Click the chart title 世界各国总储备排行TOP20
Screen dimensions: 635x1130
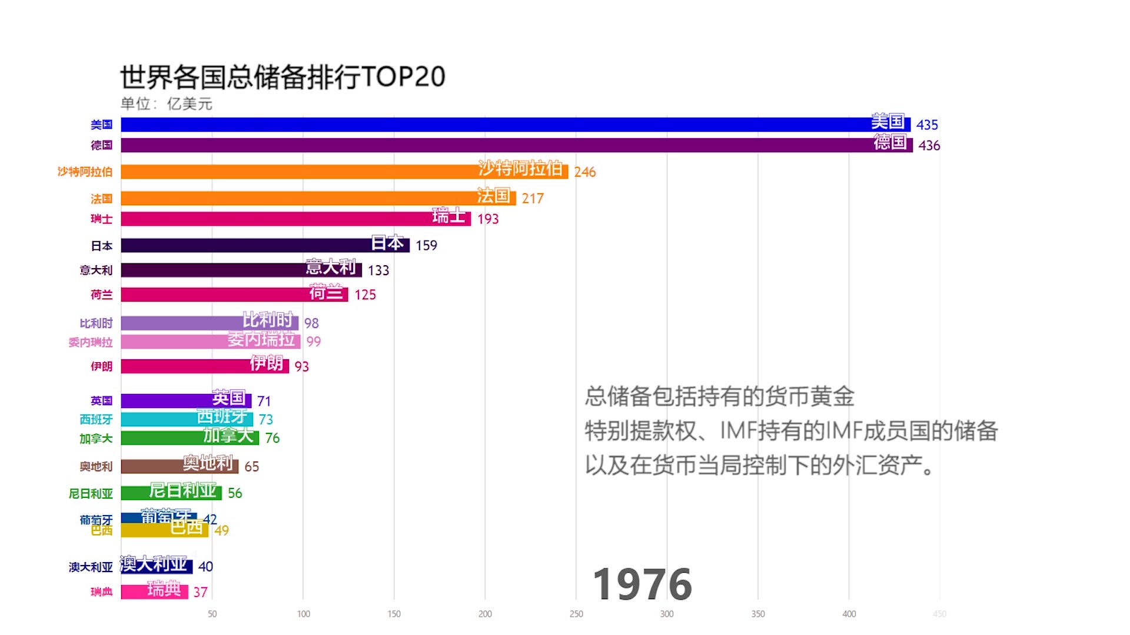pos(282,76)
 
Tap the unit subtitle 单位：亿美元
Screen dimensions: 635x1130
pos(166,104)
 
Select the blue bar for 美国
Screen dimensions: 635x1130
pos(471,125)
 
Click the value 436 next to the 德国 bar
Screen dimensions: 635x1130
pos(929,145)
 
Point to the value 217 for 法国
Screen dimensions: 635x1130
pos(532,199)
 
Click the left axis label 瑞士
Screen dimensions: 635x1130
pos(101,219)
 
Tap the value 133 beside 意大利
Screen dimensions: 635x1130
pos(378,270)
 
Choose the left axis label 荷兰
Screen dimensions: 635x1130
pos(101,295)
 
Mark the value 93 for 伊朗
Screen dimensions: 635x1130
pos(301,367)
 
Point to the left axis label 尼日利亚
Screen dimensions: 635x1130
pos(90,493)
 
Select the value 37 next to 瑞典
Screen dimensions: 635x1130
pos(200,592)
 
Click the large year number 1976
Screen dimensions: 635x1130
pos(642,584)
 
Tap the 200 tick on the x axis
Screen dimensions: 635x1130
pos(485,614)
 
